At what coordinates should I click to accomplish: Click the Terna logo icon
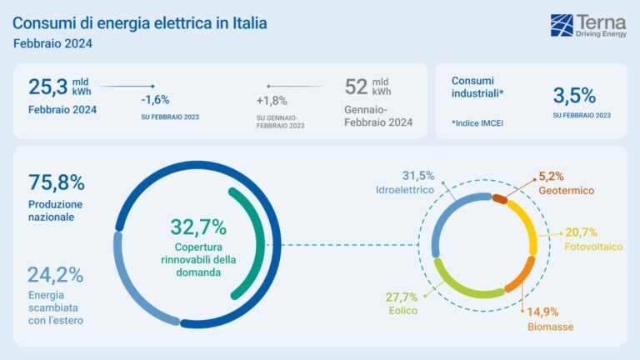point(562,25)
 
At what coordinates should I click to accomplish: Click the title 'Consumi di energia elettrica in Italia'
point(140,22)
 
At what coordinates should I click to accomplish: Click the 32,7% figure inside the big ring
point(198,227)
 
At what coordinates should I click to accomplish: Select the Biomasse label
point(550,327)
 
